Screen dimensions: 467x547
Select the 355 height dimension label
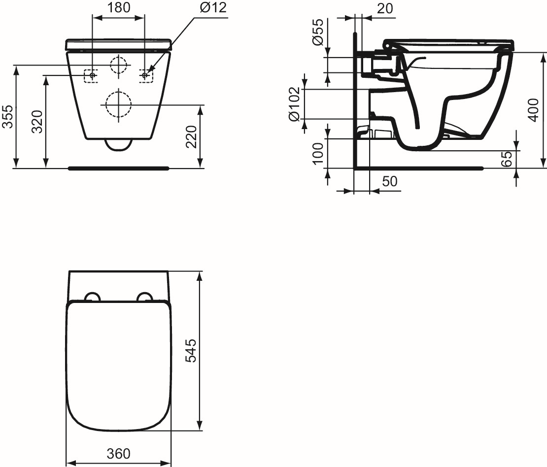(7, 117)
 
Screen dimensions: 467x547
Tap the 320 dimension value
(36, 122)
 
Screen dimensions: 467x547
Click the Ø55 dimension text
(319, 33)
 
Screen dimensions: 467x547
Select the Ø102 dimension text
(294, 104)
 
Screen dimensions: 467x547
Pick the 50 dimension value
(390, 181)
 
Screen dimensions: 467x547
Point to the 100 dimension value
(319, 153)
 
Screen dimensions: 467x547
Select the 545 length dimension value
(191, 350)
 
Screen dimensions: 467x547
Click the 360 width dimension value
(118, 453)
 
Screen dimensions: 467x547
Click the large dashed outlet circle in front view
(118, 104)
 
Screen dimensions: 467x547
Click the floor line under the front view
(118, 168)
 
